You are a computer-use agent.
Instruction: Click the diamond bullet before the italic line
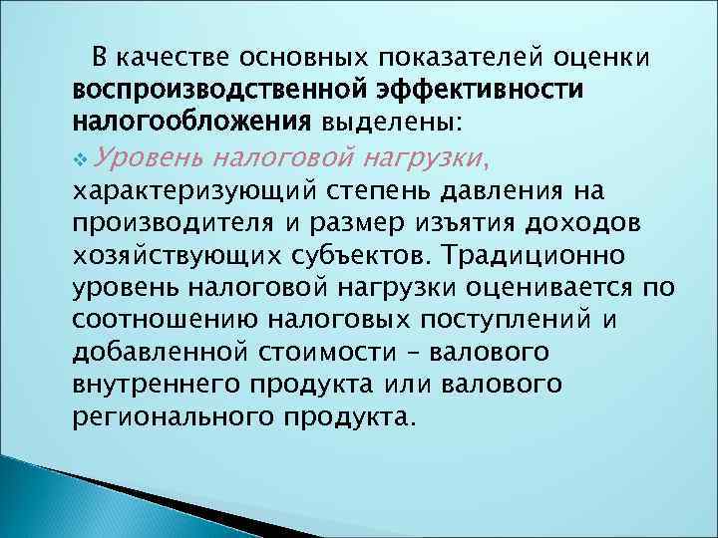80,156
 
